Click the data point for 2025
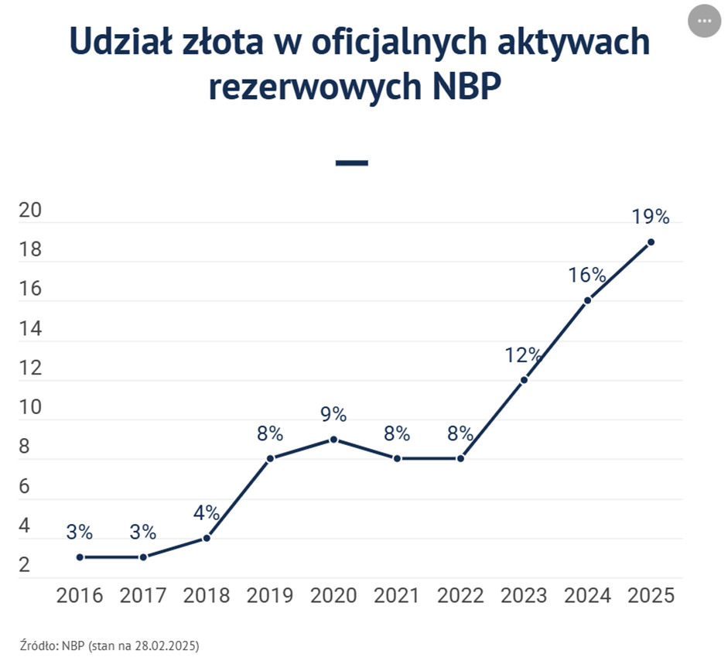(x=651, y=242)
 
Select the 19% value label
(x=650, y=217)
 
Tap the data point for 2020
(x=333, y=440)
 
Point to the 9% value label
(x=333, y=414)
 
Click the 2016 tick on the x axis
(x=80, y=595)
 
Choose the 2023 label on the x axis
(x=524, y=595)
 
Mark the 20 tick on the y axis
(x=31, y=212)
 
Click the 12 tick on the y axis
(x=31, y=369)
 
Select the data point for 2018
(x=207, y=538)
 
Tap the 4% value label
(x=207, y=512)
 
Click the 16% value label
(x=587, y=275)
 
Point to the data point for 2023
(x=524, y=380)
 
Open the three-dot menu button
(x=704, y=21)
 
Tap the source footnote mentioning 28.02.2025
(x=104, y=644)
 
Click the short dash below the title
(x=352, y=163)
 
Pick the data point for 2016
(x=80, y=557)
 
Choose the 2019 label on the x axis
(x=270, y=595)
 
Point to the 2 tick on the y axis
(x=25, y=566)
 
